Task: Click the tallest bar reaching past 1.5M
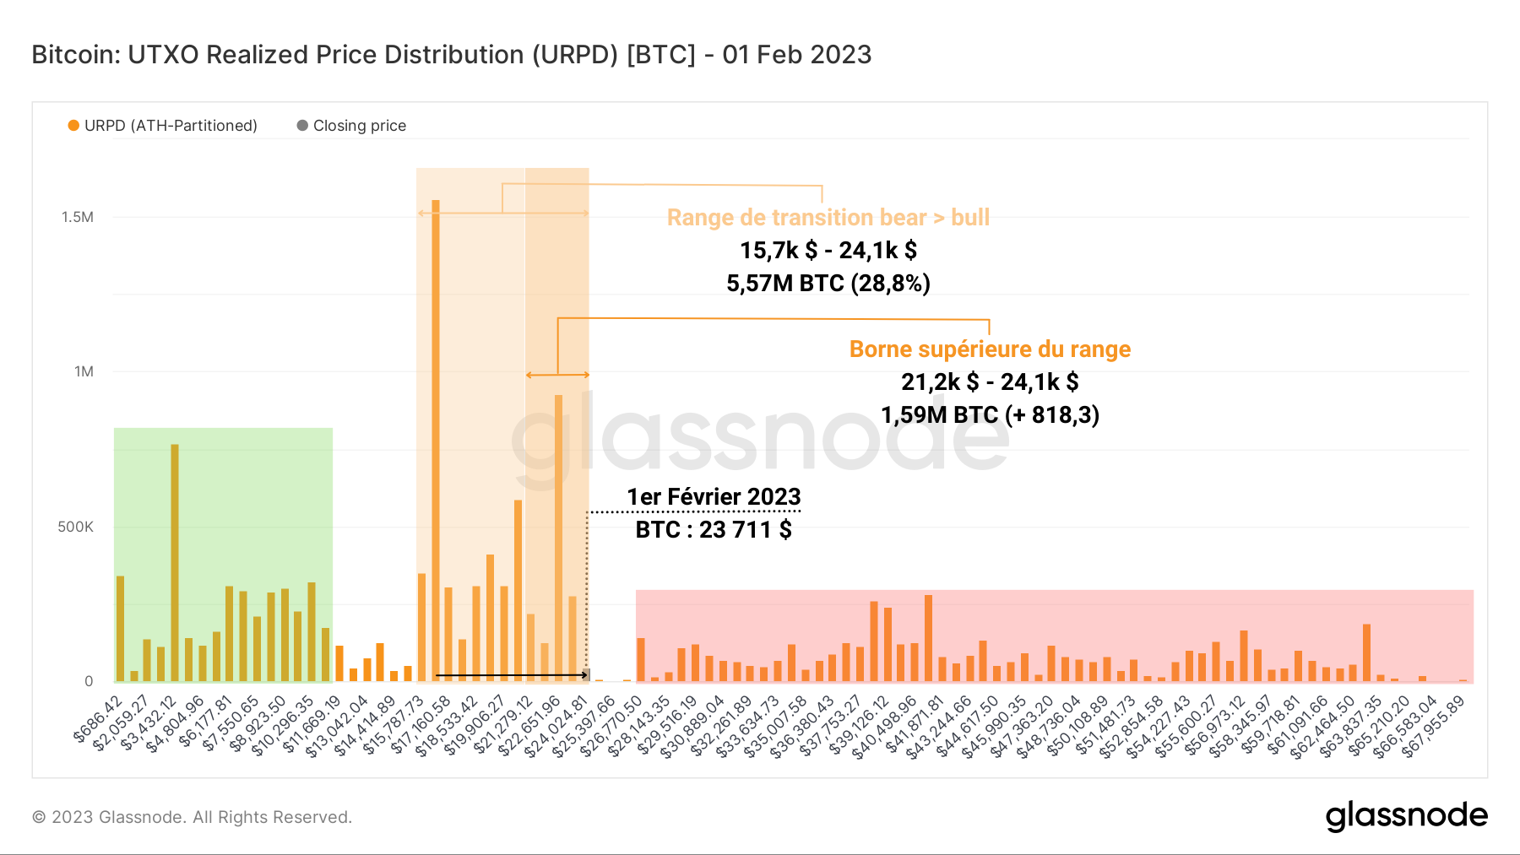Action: tap(436, 439)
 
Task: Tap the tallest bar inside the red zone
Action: tap(928, 637)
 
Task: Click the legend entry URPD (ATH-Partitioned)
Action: tap(162, 126)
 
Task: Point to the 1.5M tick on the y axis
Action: tap(78, 217)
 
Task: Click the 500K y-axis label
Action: tap(75, 527)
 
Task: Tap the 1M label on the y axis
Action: tap(84, 371)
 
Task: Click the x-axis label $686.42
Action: tap(100, 719)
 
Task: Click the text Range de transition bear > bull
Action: tap(828, 218)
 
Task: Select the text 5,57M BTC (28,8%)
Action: tap(828, 283)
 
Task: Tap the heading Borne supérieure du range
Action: tap(990, 349)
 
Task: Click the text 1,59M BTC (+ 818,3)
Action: tap(990, 415)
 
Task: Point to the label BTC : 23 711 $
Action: tap(714, 530)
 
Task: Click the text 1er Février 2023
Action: tap(714, 497)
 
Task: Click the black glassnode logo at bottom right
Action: tap(1406, 816)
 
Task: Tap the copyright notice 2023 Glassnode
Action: tap(192, 817)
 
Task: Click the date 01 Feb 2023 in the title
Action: tap(796, 55)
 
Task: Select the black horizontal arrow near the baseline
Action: tap(511, 675)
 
